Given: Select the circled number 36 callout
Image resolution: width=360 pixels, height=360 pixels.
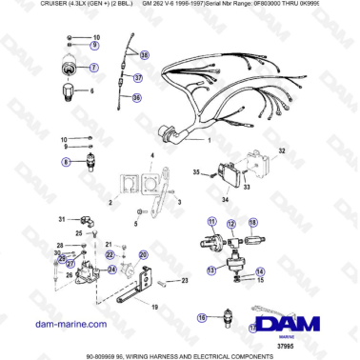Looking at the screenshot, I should pyautogui.click(x=135, y=97).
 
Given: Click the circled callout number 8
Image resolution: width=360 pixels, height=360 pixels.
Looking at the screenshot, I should pyautogui.click(x=67, y=163).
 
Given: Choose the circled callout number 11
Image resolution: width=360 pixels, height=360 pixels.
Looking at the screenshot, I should pyautogui.click(x=202, y=220).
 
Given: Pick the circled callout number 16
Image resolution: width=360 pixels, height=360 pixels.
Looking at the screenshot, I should pyautogui.click(x=201, y=317).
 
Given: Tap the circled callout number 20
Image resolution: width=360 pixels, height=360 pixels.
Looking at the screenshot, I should pyautogui.click(x=144, y=255).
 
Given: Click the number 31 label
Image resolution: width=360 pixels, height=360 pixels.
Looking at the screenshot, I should pyautogui.click(x=60, y=219).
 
